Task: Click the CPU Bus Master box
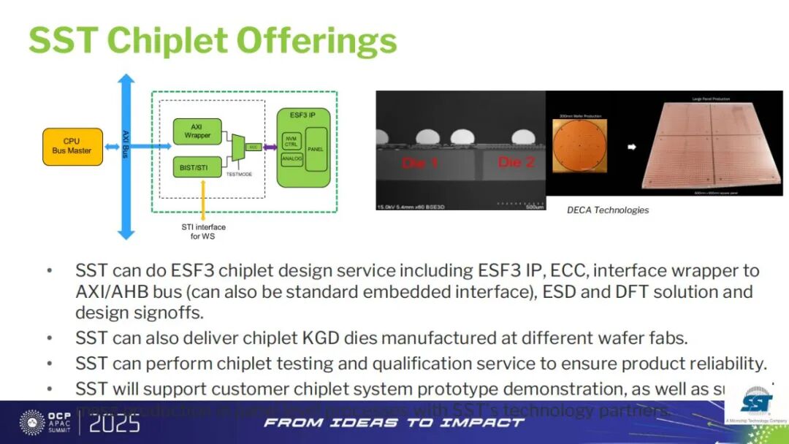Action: click(x=72, y=146)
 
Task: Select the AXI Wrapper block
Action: click(x=197, y=131)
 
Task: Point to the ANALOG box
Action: click(x=291, y=158)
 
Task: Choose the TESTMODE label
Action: click(x=239, y=175)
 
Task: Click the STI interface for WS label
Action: click(x=203, y=231)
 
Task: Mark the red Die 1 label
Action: click(x=419, y=162)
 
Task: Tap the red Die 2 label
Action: click(x=517, y=161)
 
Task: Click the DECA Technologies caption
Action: click(x=608, y=210)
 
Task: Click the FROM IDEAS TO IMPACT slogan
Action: click(x=394, y=423)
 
